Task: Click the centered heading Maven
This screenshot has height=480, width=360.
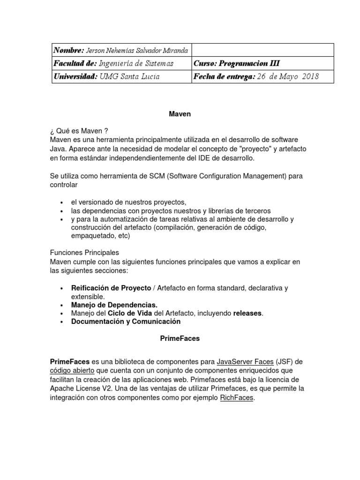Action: (x=180, y=114)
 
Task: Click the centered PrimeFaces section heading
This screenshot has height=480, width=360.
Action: (x=180, y=338)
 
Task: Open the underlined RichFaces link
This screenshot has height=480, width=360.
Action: (x=236, y=397)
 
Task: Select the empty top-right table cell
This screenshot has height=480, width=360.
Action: (x=262, y=50)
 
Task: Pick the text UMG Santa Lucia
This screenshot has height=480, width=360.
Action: (x=129, y=76)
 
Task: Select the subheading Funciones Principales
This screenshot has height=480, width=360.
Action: (x=84, y=252)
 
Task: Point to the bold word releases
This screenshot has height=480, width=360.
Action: (x=248, y=313)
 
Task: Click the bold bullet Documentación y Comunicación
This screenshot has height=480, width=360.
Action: (x=126, y=322)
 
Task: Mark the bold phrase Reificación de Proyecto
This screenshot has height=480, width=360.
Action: (x=111, y=288)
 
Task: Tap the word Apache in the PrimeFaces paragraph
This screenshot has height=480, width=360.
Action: (x=62, y=388)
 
